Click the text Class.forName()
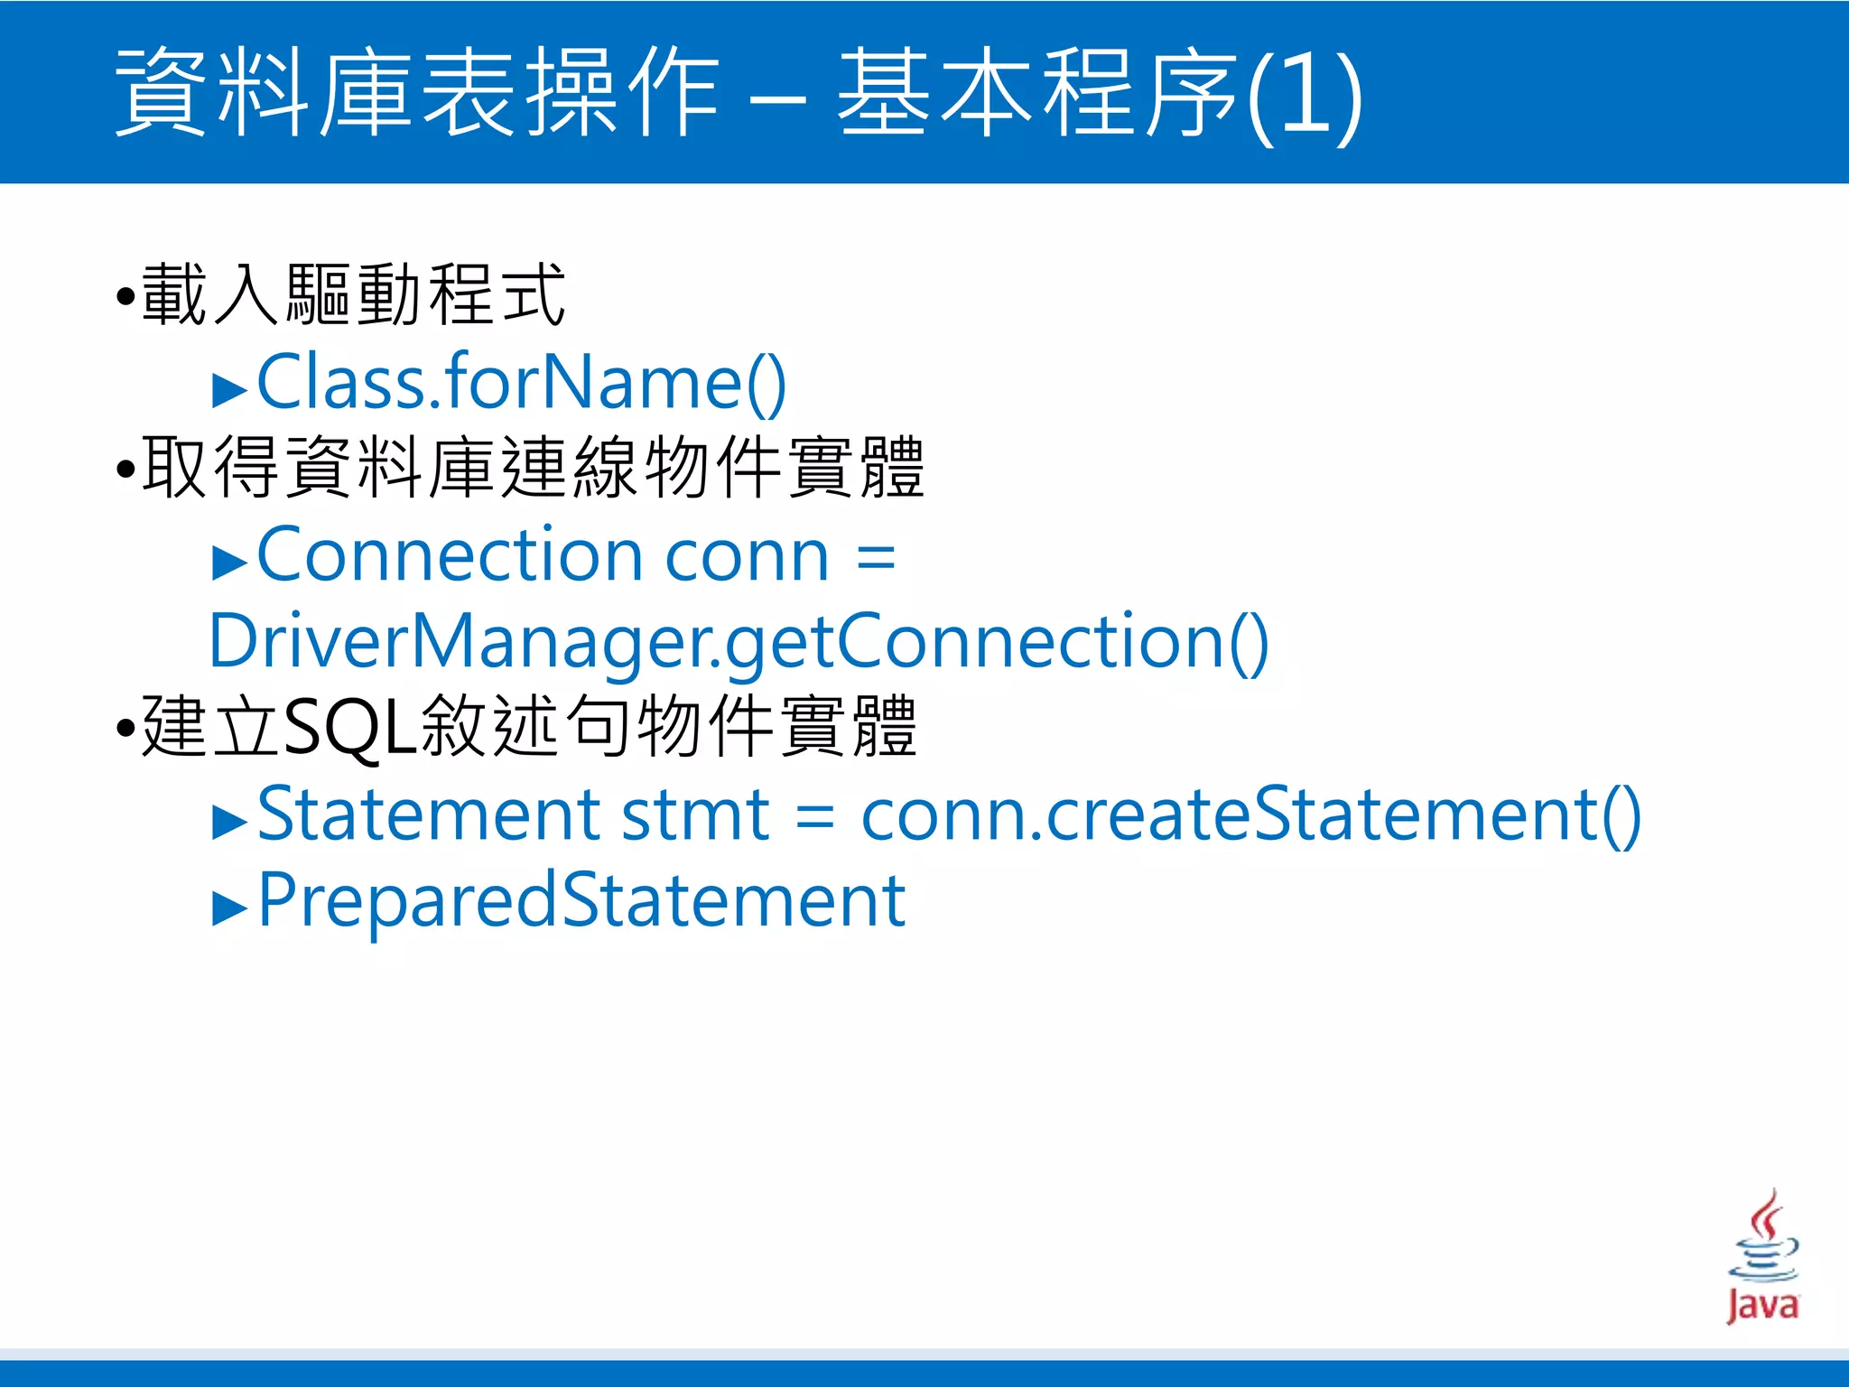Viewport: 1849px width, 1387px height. tap(522, 383)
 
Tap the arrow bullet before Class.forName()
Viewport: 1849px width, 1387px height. tap(229, 389)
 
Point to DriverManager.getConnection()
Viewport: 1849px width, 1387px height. tap(739, 641)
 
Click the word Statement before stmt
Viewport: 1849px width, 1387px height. tap(428, 815)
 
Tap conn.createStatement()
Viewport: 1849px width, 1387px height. tap(1250, 815)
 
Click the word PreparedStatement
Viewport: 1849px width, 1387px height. tap(581, 900)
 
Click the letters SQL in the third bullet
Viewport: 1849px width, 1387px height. tap(350, 727)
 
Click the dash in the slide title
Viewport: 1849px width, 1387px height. tap(777, 97)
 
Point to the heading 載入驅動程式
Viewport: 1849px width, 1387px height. tap(353, 295)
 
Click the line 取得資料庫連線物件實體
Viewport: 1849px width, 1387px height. tap(533, 468)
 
